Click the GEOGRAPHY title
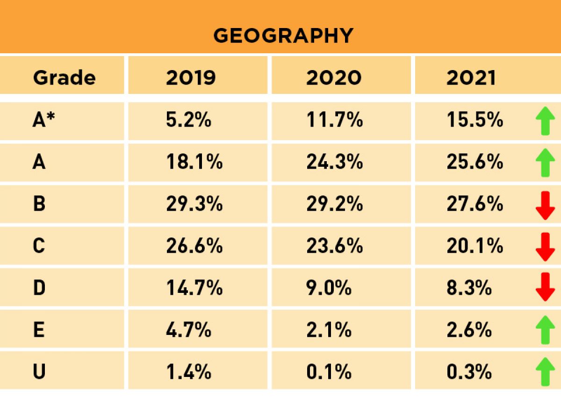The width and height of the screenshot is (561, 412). [x=283, y=36]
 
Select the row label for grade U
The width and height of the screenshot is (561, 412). [x=39, y=372]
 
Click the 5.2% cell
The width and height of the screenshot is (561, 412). [x=188, y=121]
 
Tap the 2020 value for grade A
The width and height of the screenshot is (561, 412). [x=334, y=162]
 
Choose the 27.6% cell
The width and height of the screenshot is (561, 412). [x=475, y=204]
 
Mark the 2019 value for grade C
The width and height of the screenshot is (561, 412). [x=194, y=246]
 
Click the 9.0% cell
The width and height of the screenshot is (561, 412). [x=329, y=288]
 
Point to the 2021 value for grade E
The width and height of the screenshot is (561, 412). [x=469, y=330]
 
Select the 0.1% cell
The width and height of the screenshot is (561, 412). [x=329, y=372]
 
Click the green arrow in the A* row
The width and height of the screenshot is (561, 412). [x=545, y=121]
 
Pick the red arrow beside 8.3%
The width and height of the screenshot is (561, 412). [x=545, y=287]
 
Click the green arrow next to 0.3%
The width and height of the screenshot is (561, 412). [x=545, y=372]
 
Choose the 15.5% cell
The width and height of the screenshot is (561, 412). [x=475, y=121]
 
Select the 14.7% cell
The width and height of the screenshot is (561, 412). [x=194, y=288]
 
